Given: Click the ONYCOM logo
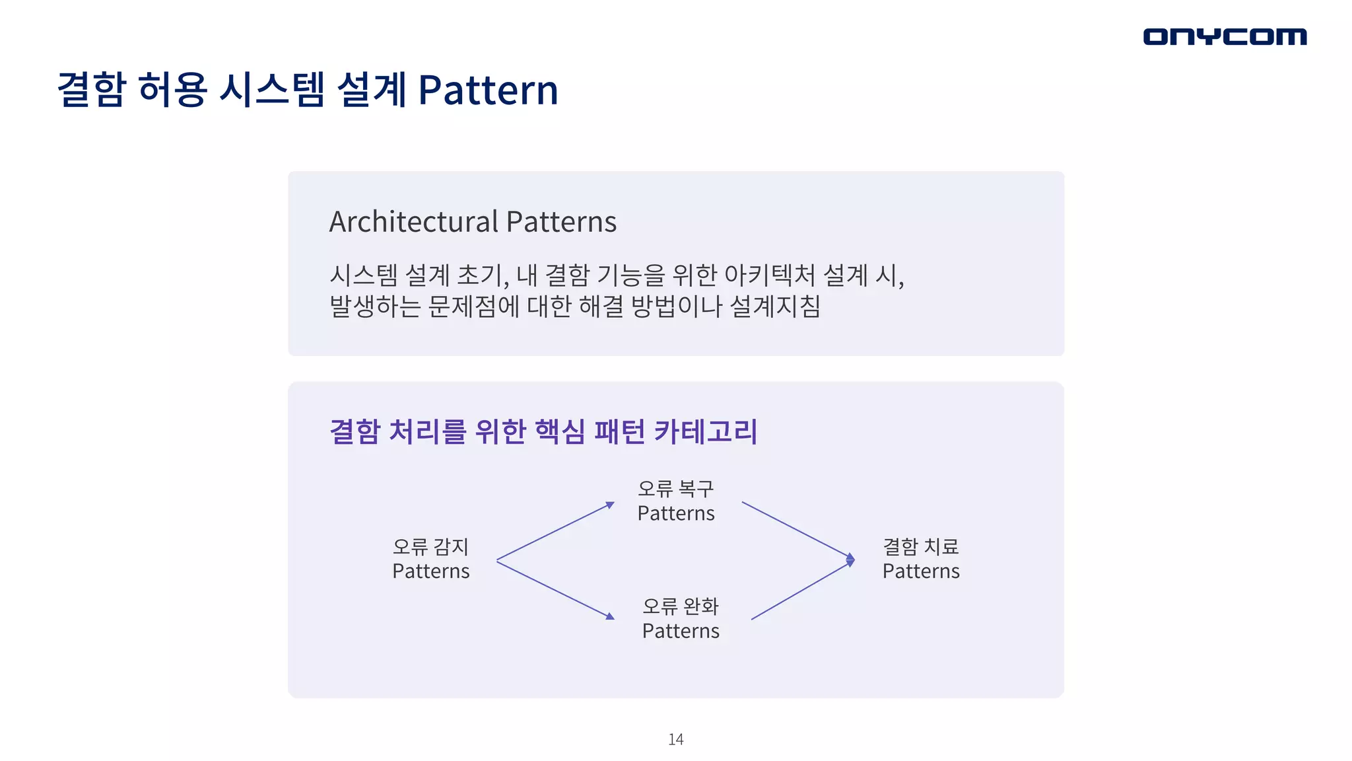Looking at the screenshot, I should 1225,36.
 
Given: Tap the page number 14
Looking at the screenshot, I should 675,739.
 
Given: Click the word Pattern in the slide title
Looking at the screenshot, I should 488,90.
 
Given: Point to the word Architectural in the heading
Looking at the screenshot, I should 413,221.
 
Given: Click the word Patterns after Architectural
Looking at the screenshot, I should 561,221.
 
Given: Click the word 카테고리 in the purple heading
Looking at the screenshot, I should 705,431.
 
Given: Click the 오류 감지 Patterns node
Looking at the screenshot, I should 430,559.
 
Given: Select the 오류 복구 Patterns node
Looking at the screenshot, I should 675,501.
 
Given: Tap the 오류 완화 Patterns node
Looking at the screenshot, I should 681,618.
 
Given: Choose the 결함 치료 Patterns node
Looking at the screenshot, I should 920,559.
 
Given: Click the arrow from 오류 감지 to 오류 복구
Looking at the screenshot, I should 555,531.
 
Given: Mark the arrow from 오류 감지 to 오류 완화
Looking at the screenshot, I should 555,589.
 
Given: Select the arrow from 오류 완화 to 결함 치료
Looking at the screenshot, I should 800,591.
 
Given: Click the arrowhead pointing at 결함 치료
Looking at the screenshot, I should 850,560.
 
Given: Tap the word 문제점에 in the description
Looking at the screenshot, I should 473,306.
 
